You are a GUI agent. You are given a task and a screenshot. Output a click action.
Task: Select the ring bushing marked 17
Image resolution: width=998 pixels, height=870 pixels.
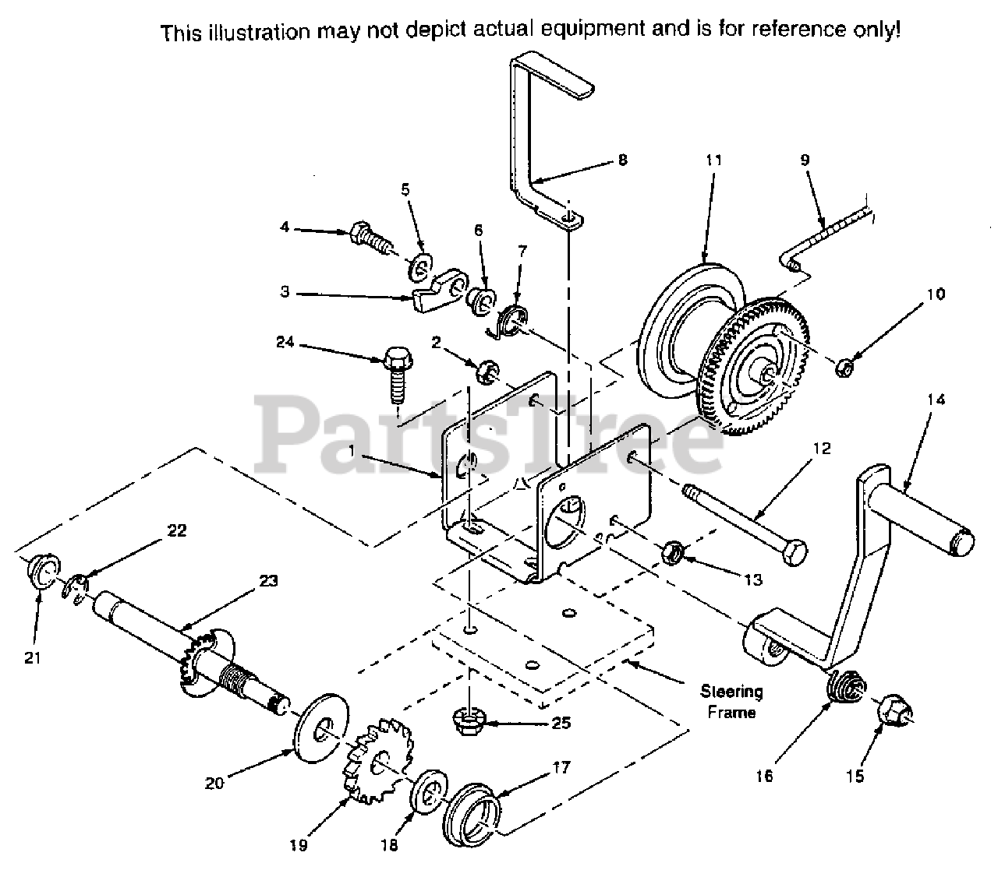(471, 808)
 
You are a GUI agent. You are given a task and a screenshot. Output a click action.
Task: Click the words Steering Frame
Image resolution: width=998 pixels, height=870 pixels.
(731, 701)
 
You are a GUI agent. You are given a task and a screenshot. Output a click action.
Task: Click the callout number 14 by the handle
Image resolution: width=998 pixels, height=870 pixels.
(936, 400)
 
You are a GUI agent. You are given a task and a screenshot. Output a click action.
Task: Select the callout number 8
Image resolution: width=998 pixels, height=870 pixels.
(621, 160)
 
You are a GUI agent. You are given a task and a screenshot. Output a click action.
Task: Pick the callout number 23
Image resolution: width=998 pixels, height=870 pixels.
(268, 580)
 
